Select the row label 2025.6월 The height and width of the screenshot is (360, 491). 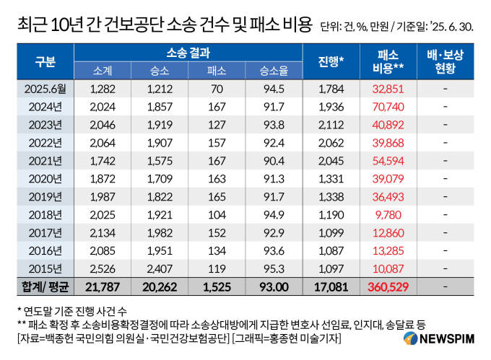point(45,89)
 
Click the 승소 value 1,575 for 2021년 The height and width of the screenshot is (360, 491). point(160,160)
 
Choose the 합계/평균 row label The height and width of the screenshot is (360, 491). point(45,286)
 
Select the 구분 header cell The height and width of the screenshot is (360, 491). point(45,61)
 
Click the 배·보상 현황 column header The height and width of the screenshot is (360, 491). point(446,61)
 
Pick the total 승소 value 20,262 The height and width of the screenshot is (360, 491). point(160,286)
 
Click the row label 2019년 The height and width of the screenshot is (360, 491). point(45,196)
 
